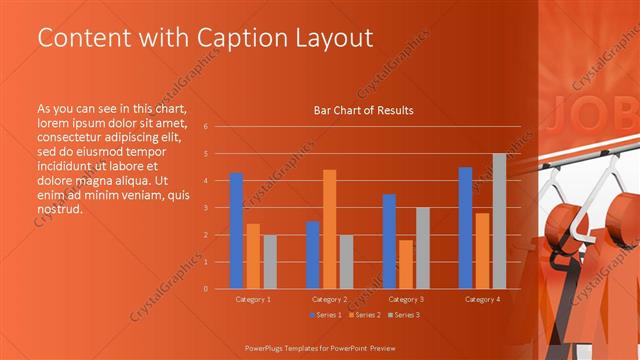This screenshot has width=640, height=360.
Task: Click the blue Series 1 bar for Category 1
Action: pyautogui.click(x=236, y=230)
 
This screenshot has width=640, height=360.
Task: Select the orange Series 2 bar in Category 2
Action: pyautogui.click(x=329, y=229)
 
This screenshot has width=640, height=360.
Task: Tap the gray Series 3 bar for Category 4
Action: pyautogui.click(x=499, y=221)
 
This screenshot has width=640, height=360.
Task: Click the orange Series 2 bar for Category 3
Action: pyautogui.click(x=405, y=264)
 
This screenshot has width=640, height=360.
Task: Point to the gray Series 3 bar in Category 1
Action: pyautogui.click(x=270, y=261)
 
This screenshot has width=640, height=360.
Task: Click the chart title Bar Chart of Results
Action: pyautogui.click(x=363, y=110)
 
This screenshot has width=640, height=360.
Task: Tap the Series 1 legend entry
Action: pyautogui.click(x=326, y=315)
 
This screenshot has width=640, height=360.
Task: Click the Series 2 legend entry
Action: pyautogui.click(x=364, y=315)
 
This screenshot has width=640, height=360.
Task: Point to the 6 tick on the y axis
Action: pyautogui.click(x=205, y=127)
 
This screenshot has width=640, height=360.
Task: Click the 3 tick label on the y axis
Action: pyautogui.click(x=205, y=208)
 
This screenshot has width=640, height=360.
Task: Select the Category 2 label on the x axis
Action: pyautogui.click(x=329, y=299)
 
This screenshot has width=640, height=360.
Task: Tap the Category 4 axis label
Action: pyautogui.click(x=482, y=299)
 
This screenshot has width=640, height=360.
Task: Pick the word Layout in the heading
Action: pyautogui.click(x=335, y=38)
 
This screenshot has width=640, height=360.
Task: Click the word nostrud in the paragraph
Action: pyautogui.click(x=58, y=209)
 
